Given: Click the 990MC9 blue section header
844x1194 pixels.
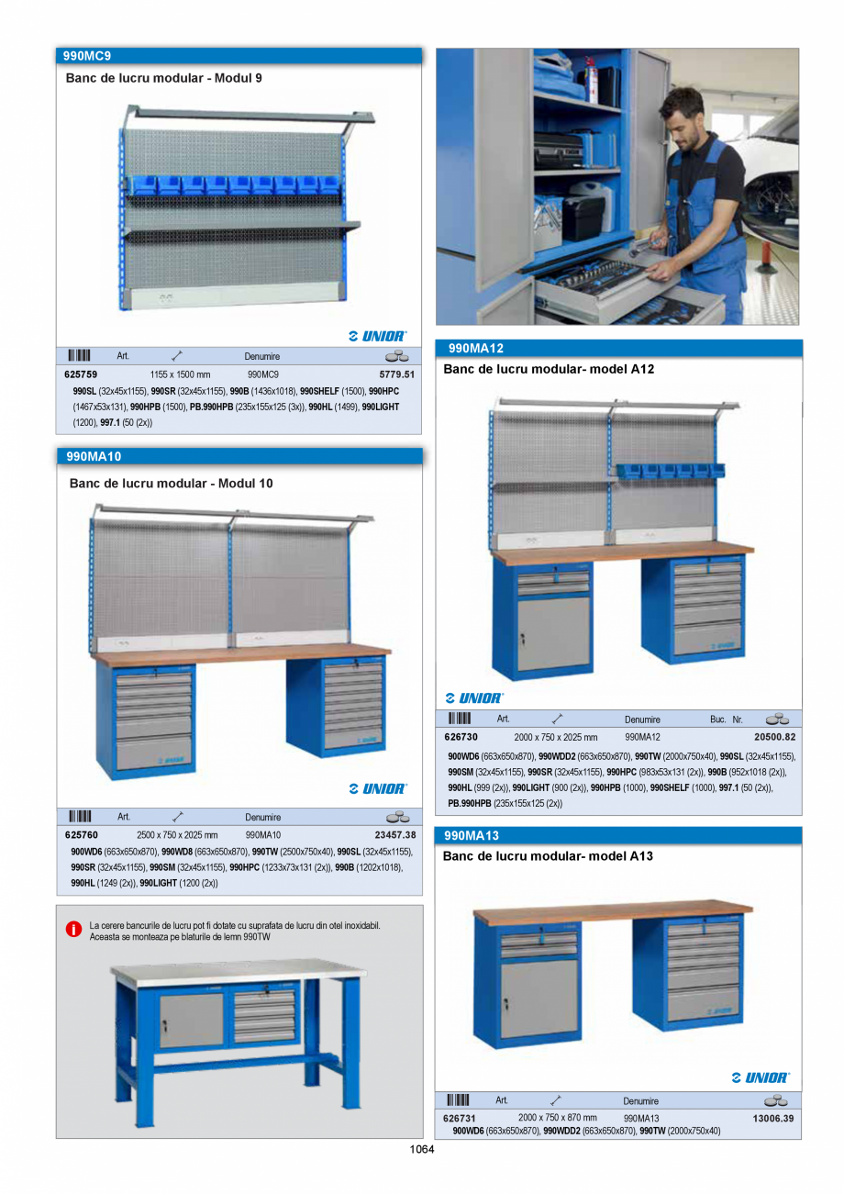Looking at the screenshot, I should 239,56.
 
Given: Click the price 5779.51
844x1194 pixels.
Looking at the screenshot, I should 396,374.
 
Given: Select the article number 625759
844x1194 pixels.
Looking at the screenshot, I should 81,374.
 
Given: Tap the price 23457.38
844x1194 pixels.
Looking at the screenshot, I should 394,835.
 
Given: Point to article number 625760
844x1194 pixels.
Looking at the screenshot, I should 81,835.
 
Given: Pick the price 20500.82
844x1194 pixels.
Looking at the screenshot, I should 774,737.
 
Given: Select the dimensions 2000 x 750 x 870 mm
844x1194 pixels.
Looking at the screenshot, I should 557,1118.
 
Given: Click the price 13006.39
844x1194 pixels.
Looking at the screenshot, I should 772,1119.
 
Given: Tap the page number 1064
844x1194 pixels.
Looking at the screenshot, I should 421,1148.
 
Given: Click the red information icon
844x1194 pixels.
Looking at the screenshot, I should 73,930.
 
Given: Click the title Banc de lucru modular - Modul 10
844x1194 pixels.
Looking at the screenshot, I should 171,483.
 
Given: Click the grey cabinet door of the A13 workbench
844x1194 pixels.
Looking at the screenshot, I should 539,999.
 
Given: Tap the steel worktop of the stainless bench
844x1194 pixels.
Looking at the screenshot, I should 239,972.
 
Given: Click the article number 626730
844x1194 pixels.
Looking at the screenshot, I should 461,737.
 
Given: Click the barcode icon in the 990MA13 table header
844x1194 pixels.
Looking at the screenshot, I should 458,1100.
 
